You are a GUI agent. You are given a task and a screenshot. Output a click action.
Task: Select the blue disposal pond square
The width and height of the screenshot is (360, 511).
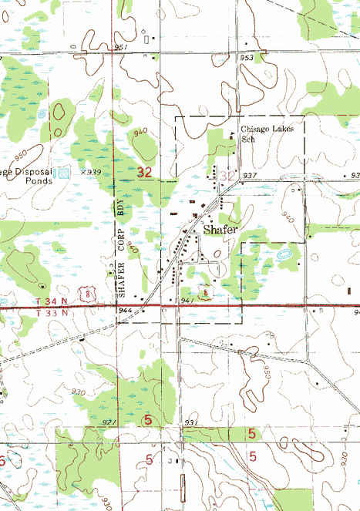(65, 173)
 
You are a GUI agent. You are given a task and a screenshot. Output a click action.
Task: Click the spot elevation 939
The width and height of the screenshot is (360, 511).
(93, 172)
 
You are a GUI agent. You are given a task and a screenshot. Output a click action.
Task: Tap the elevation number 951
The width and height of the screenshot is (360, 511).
(120, 47)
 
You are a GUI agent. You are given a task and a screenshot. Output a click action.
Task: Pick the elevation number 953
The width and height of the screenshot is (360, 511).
(246, 58)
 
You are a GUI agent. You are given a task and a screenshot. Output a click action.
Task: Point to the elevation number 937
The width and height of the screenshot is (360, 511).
(248, 176)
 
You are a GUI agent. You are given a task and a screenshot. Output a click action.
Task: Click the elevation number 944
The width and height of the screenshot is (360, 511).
(125, 309)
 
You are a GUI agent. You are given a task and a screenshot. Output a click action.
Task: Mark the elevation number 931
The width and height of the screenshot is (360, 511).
(190, 423)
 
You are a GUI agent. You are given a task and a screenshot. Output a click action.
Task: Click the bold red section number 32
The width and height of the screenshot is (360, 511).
(144, 172)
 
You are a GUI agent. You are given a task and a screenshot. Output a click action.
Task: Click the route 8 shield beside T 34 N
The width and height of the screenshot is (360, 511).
(92, 294)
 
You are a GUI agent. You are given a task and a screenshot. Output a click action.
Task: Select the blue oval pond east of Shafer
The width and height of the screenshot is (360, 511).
(282, 253)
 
